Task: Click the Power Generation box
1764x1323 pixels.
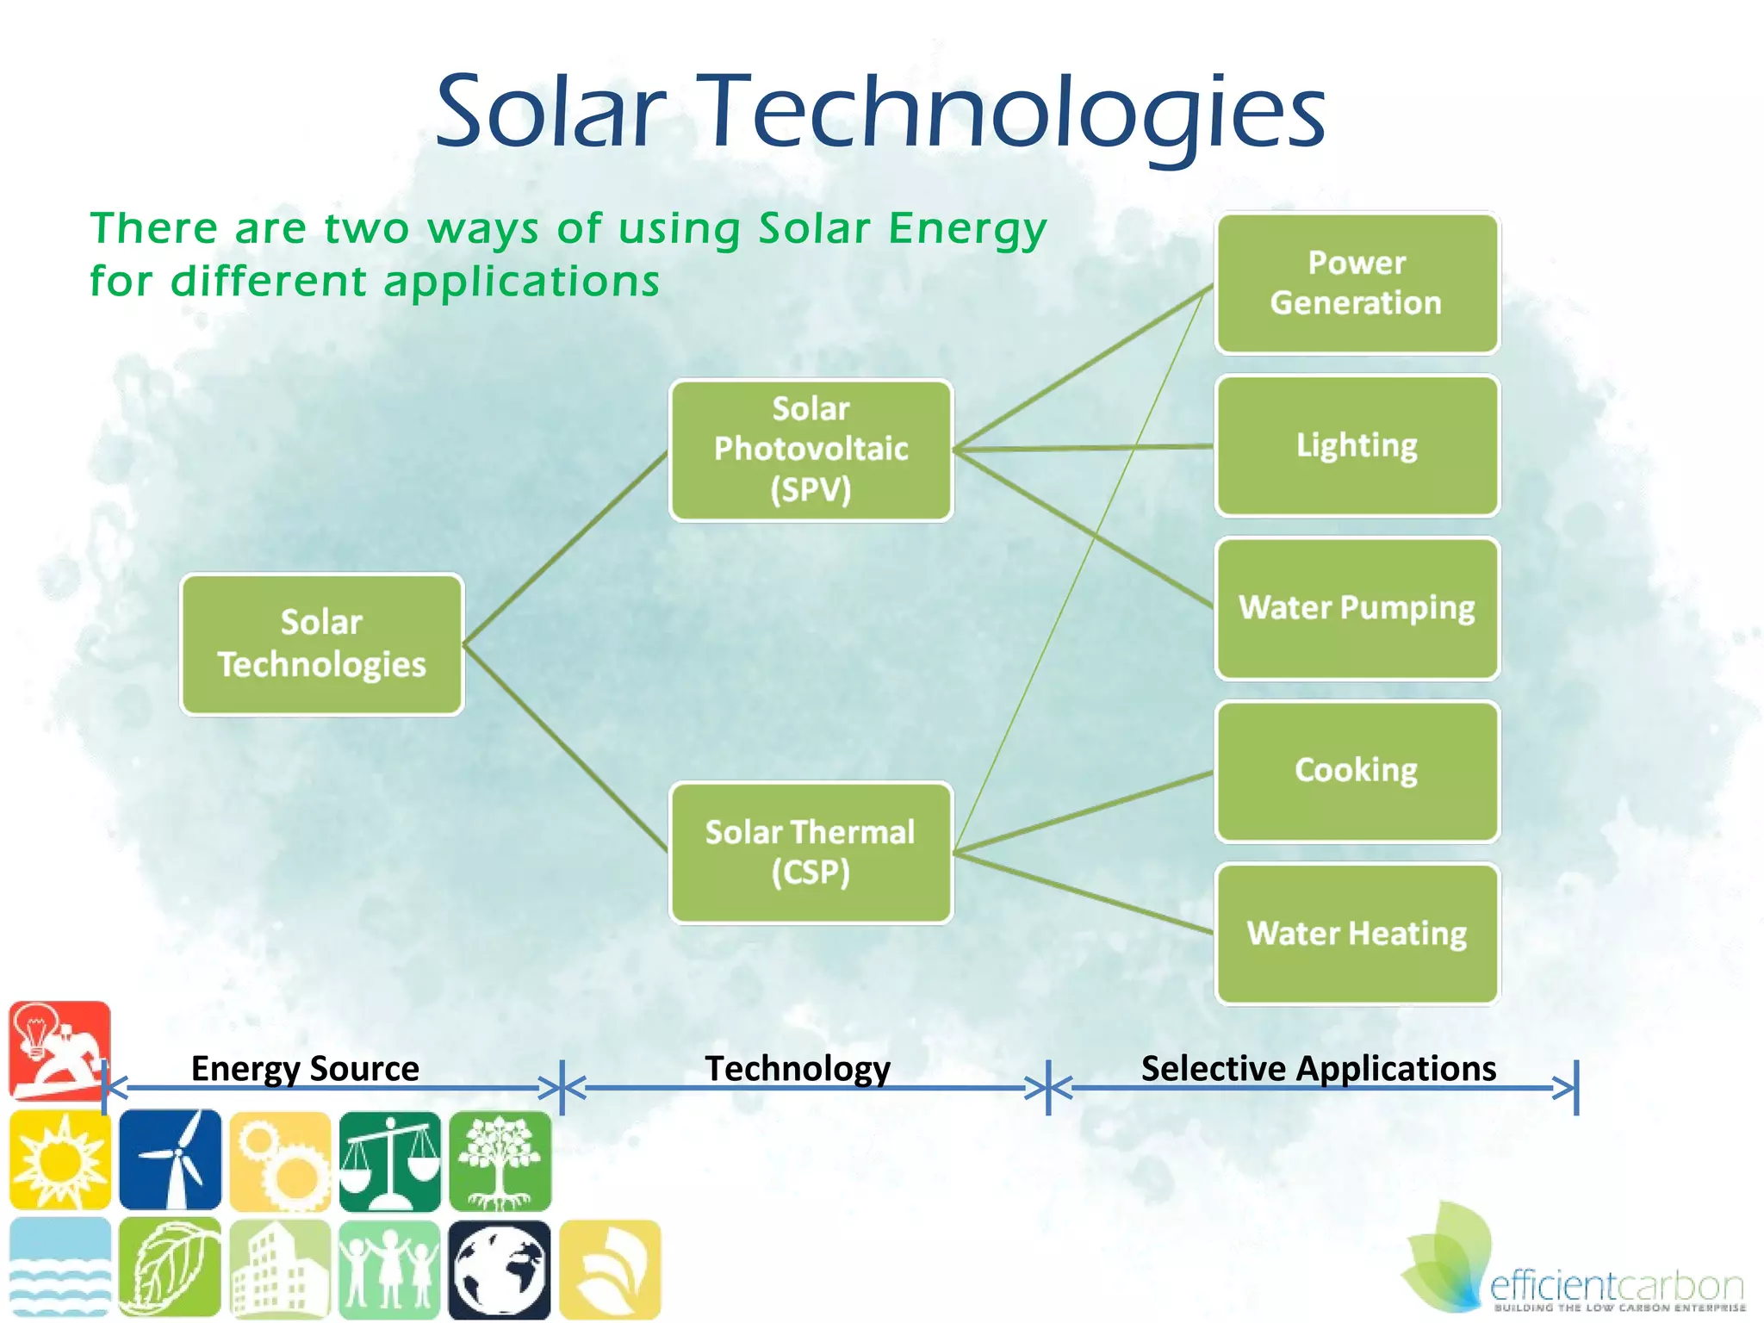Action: [x=1357, y=283]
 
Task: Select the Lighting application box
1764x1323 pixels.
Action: [x=1357, y=445]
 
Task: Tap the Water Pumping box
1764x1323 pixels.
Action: [x=1357, y=608]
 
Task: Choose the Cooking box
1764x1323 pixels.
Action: [x=1357, y=771]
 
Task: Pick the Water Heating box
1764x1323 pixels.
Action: [x=1357, y=934]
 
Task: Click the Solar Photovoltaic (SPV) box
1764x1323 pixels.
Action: [x=811, y=450]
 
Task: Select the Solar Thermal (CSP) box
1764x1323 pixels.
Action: [x=811, y=853]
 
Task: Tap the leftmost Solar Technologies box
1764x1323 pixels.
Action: [x=321, y=644]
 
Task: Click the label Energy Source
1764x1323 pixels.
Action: [x=305, y=1068]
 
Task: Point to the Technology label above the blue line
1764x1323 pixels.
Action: [x=798, y=1068]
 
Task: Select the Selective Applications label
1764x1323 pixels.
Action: [x=1318, y=1068]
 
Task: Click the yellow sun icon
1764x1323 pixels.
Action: [x=59, y=1160]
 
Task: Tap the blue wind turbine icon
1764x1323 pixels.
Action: [x=170, y=1160]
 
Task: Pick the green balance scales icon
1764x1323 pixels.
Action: [x=389, y=1160]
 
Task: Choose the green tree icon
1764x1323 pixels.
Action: [x=500, y=1160]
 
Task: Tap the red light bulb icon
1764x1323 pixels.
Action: [x=59, y=1050]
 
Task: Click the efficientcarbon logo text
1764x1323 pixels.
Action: [x=1616, y=1286]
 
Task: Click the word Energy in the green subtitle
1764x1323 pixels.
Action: [x=967, y=229]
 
